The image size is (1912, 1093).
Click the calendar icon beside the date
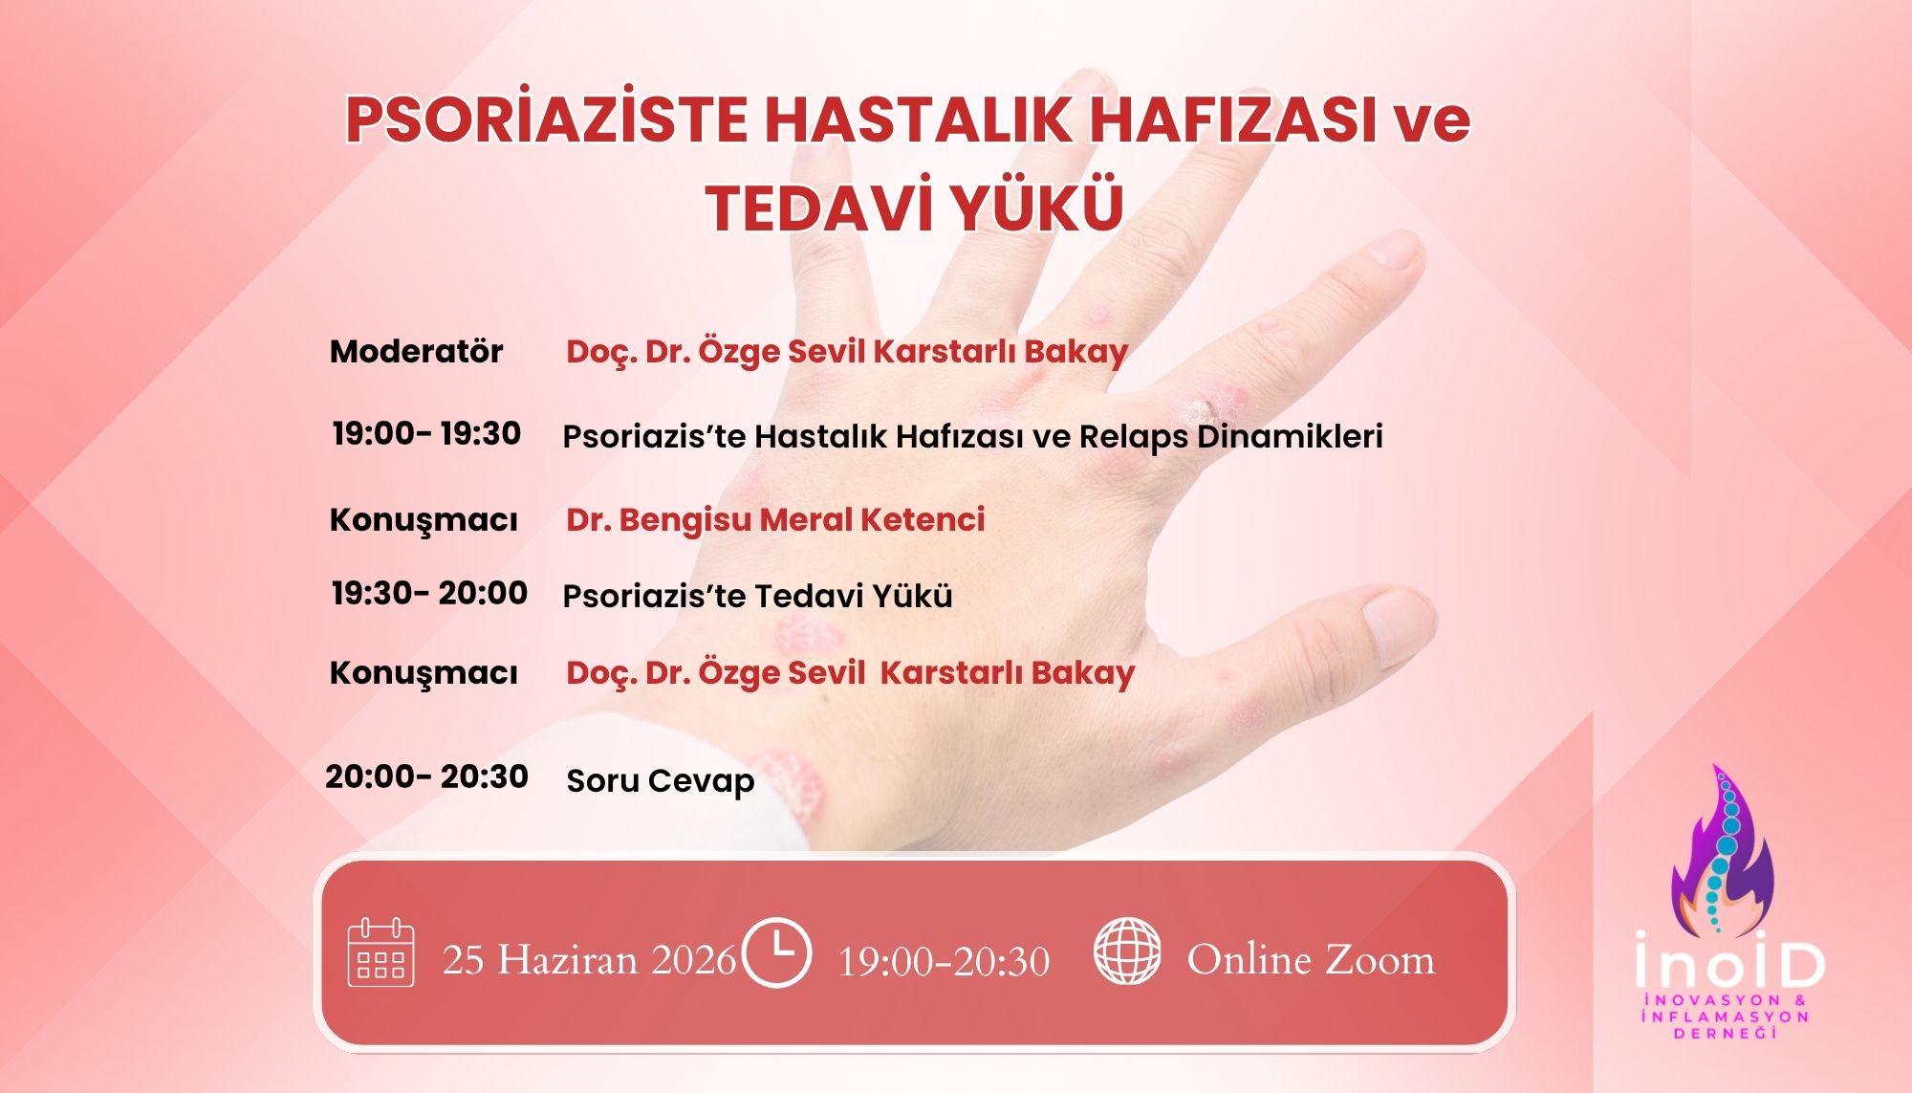click(380, 952)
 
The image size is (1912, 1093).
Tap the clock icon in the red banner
click(776, 952)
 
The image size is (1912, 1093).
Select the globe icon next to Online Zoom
click(1127, 951)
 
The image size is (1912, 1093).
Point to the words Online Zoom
click(1311, 960)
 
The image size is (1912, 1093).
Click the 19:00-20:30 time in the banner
click(944, 961)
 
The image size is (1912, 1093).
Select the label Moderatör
click(416, 352)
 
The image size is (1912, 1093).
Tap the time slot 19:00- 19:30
click(426, 433)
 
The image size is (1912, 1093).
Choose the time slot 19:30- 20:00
click(429, 593)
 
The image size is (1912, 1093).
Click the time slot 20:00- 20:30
click(426, 776)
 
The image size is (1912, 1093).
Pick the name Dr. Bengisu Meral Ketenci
click(775, 520)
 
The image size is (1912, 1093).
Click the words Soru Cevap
click(660, 781)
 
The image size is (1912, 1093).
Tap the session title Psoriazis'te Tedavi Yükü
click(757, 597)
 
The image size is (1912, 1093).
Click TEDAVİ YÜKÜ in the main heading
click(914, 208)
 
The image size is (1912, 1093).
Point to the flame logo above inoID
click(1721, 851)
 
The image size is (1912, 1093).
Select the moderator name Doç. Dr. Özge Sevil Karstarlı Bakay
click(847, 352)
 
